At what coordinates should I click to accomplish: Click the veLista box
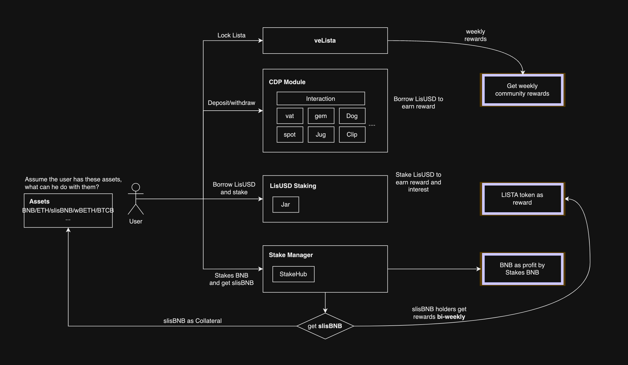325,40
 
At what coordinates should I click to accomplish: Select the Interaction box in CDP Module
321,99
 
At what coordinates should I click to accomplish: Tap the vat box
290,116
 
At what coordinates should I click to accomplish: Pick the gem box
321,116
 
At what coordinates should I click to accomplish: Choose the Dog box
352,116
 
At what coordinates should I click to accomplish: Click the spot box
290,134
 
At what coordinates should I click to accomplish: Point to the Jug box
321,134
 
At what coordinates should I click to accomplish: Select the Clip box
352,134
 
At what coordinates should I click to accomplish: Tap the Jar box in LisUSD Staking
286,204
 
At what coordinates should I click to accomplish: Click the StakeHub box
293,274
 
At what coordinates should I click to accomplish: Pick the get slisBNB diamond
325,326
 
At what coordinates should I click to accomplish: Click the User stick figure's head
136,187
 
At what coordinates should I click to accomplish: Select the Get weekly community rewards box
522,90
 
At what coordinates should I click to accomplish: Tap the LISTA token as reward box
522,199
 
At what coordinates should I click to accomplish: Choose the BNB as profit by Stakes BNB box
522,269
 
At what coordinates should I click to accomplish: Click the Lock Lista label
231,35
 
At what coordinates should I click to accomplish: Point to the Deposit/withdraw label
231,103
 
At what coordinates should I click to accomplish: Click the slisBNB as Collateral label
192,321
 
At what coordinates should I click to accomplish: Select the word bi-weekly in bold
451,317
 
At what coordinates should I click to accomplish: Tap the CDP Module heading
287,82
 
